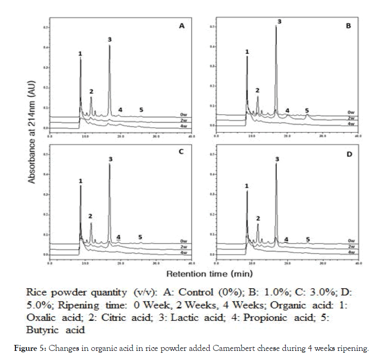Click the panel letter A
(x=181, y=26)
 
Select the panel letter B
(x=348, y=26)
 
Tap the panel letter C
(x=181, y=152)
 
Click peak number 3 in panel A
(x=110, y=39)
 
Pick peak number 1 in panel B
(x=247, y=52)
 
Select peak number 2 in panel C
(x=90, y=216)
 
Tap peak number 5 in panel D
(x=308, y=239)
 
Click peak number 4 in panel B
(x=287, y=111)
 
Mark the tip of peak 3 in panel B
(x=276, y=26)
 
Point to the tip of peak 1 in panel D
(x=247, y=191)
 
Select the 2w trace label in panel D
(x=351, y=247)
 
